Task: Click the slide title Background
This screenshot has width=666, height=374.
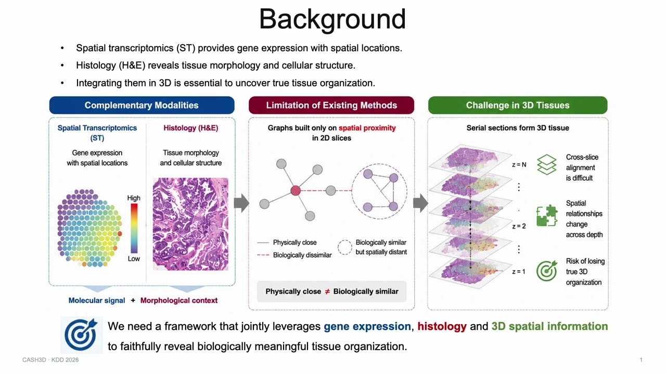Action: pyautogui.click(x=332, y=20)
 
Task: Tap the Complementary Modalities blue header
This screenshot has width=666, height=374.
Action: pyautogui.click(x=142, y=105)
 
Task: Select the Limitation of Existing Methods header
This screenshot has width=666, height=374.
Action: pyautogui.click(x=331, y=105)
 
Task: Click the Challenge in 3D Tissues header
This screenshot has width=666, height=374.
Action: pyautogui.click(x=518, y=105)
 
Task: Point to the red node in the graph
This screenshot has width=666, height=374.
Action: pyautogui.click(x=296, y=190)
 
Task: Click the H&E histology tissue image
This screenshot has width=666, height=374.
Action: pyautogui.click(x=190, y=224)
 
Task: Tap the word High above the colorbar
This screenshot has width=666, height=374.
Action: pyautogui.click(x=134, y=198)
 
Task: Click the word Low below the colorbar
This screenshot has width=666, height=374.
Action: pyautogui.click(x=134, y=259)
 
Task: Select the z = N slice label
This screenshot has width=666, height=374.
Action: pyautogui.click(x=519, y=165)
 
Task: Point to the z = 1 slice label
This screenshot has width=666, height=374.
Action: pyautogui.click(x=519, y=272)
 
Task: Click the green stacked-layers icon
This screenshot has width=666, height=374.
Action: pyautogui.click(x=546, y=165)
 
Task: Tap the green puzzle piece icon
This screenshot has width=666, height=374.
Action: pyautogui.click(x=546, y=216)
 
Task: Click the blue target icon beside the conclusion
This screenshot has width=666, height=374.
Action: pyautogui.click(x=81, y=335)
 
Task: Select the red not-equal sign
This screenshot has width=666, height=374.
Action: pyautogui.click(x=327, y=291)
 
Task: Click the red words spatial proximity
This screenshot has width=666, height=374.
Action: pyautogui.click(x=367, y=128)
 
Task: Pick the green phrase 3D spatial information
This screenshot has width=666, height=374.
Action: pyautogui.click(x=549, y=326)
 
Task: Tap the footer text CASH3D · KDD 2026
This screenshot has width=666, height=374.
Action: pyautogui.click(x=50, y=360)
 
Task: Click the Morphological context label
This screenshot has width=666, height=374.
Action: pyautogui.click(x=179, y=300)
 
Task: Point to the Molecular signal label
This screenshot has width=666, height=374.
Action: pyautogui.click(x=97, y=300)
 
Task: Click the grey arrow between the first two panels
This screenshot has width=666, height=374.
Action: pyautogui.click(x=241, y=203)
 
